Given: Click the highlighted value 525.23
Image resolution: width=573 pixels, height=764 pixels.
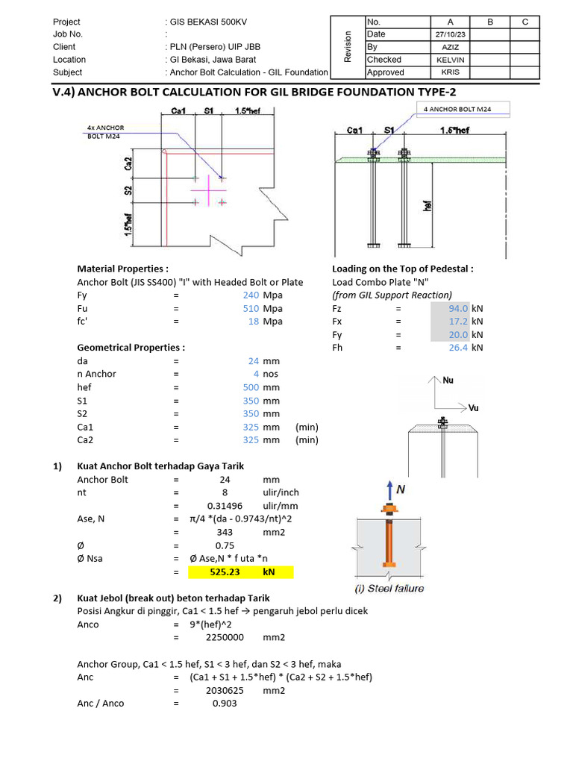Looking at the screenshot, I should (219, 572).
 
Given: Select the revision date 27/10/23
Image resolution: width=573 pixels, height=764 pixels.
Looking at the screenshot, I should (450, 34).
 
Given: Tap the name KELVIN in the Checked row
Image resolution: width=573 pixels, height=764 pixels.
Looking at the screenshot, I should (450, 60).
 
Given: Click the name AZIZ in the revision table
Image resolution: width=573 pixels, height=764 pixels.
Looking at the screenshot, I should (450, 47).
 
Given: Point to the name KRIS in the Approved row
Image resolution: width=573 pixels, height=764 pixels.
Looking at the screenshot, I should (450, 72).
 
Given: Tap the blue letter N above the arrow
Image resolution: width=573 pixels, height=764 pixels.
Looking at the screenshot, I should (401, 489).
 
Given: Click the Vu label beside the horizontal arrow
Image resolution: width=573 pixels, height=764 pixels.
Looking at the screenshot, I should (473, 408).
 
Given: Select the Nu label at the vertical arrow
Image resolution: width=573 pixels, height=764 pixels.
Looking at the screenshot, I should (448, 380).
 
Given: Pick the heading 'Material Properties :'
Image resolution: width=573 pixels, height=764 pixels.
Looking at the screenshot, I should (122, 269).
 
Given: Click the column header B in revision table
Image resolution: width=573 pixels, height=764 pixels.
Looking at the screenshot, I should (490, 22).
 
